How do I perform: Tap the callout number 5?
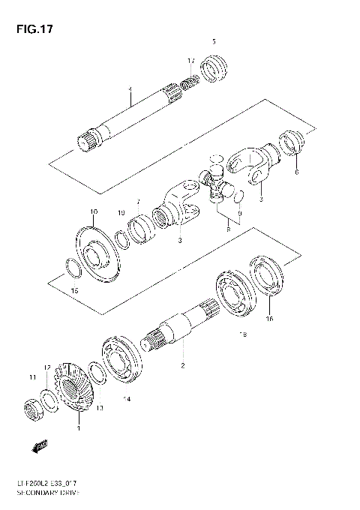tap(214, 41)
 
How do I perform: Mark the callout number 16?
tap(270, 318)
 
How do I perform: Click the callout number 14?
tap(127, 399)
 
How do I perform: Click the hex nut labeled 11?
tap(32, 407)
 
